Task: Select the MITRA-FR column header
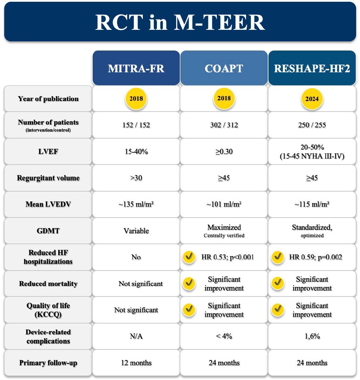coord(136,68)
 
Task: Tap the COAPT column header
coord(224,68)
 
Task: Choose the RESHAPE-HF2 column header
coord(312,68)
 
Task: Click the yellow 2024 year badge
coord(312,99)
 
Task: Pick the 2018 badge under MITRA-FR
coord(136,99)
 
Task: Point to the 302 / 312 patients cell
coord(224,125)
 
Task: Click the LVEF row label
coord(48,152)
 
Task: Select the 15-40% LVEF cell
coord(136,152)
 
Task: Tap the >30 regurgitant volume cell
coord(136,178)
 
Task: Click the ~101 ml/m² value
coord(224,204)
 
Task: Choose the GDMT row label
coord(48,231)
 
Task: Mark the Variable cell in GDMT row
coord(136,231)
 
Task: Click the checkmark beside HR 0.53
coord(189,257)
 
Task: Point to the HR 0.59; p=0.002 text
coord(315,257)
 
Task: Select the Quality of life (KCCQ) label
coord(48,310)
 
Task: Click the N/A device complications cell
coord(136,336)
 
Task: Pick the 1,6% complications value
coord(312,336)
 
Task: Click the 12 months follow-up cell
coord(136,363)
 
